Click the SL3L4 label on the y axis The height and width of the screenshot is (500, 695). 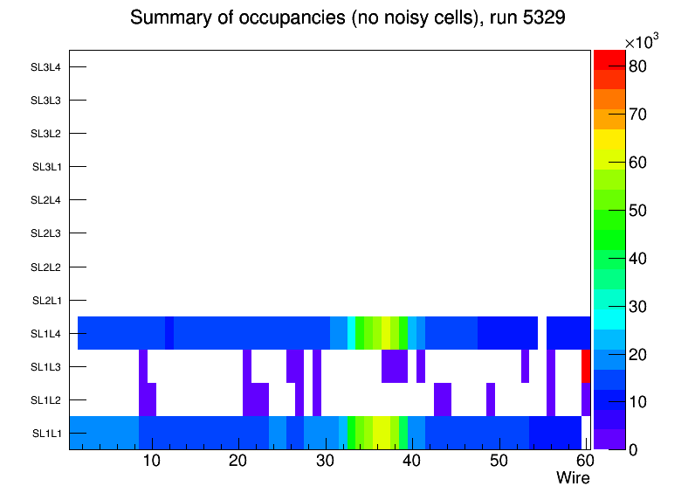pos(46,67)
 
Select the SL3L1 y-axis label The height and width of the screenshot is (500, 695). pos(46,167)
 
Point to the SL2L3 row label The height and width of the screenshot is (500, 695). pos(46,233)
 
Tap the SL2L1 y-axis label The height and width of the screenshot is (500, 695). pos(46,301)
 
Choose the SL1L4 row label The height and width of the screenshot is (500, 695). pos(46,334)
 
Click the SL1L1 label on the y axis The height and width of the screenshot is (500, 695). pos(46,434)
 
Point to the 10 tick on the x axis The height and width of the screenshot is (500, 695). pos(151,462)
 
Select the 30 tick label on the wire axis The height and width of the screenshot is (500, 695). pos(325,462)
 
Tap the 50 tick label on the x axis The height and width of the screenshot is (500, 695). pos(499,462)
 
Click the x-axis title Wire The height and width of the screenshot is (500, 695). pos(573,478)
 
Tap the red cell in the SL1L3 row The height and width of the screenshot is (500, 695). pos(586,366)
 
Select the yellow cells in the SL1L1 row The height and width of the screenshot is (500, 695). pos(382,433)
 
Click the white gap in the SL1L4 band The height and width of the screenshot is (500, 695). pos(542,333)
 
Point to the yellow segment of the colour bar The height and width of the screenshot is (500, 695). pos(609,138)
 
